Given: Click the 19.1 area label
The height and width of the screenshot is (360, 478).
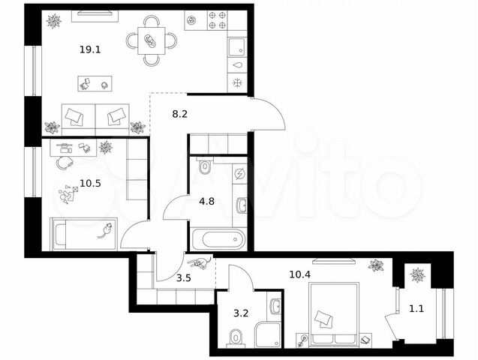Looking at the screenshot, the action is (x=90, y=49).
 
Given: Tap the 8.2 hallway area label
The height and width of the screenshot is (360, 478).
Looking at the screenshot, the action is (x=179, y=114).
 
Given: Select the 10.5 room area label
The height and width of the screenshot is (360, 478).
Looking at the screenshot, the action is (x=90, y=183).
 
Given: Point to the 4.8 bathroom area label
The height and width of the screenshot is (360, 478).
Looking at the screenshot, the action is (x=206, y=201).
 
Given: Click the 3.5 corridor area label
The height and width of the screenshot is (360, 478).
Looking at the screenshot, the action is (x=184, y=277).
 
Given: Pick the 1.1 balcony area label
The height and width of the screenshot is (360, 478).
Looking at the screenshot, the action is (x=416, y=309).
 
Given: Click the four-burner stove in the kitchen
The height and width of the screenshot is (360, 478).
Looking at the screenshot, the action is (x=218, y=20).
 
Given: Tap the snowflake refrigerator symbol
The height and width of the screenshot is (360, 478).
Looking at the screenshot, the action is (x=237, y=82).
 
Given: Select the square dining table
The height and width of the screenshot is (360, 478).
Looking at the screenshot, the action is (x=152, y=40).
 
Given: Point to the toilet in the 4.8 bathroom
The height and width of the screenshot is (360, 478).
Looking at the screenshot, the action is (x=204, y=166).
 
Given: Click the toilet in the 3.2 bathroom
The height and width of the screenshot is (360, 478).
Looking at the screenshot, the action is (x=236, y=337).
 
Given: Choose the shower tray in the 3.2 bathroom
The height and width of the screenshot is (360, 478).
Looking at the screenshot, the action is (x=268, y=334).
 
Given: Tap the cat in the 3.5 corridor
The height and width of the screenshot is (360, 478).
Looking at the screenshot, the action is (x=200, y=262).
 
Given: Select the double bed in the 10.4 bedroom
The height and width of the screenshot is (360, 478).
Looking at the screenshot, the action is (x=334, y=314).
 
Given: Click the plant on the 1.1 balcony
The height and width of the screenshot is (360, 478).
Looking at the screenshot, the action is (x=418, y=275).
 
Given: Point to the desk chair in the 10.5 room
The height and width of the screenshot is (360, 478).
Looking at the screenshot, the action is (x=64, y=162).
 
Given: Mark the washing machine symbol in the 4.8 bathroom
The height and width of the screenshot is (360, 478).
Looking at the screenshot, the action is (x=239, y=174).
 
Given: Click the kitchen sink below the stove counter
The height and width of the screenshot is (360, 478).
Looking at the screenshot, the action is (x=237, y=47).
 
